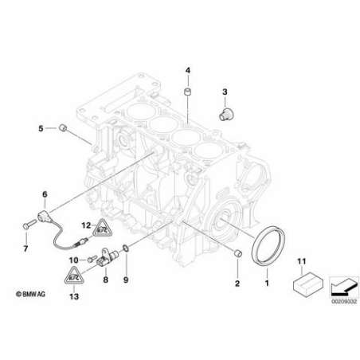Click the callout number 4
tap(188, 70)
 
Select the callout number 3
tap(225, 92)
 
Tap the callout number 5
tap(41, 129)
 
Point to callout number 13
tap(74, 296)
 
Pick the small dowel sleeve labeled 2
tap(238, 253)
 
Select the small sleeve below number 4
tap(188, 92)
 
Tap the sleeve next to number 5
tap(63, 128)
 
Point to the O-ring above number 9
tap(126, 248)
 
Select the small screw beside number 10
tap(91, 258)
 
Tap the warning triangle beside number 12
tap(102, 229)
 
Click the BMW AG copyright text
tap(30, 294)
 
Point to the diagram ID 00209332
tap(344, 302)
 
